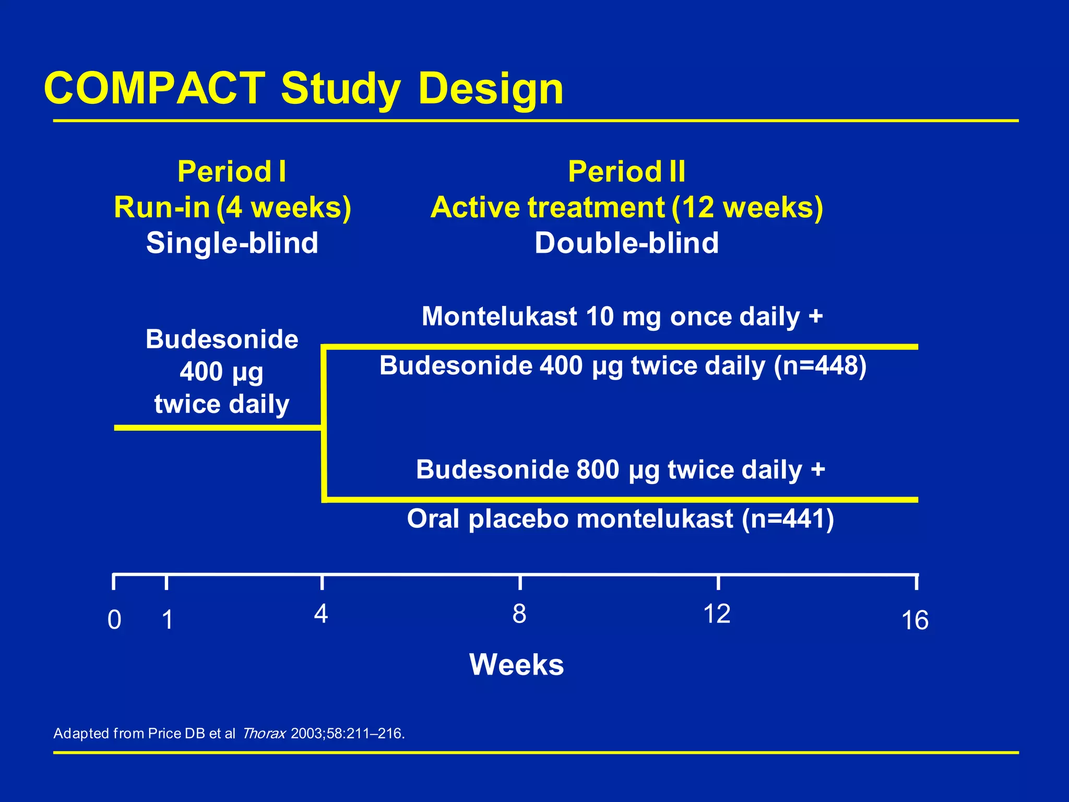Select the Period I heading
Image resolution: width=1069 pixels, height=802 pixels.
tap(232, 172)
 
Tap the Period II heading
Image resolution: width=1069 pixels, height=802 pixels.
tap(626, 172)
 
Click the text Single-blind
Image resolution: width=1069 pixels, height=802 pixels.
tap(232, 243)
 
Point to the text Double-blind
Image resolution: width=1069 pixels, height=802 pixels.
tap(626, 243)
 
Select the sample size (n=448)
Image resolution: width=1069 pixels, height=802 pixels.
tap(820, 365)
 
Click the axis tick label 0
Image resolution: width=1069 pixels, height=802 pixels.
tap(114, 620)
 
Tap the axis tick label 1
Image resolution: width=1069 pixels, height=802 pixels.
tap(167, 620)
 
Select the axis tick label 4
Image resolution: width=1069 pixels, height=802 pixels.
tap(321, 614)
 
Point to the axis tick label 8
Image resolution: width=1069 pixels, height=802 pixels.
tap(519, 614)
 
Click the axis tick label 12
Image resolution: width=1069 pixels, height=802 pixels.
tap(717, 614)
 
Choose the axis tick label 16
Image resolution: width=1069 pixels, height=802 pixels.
tap(914, 621)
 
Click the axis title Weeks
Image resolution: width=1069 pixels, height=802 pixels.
tap(516, 665)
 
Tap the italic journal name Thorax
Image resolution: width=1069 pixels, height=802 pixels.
tap(264, 734)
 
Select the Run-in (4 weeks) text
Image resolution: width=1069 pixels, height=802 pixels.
tap(232, 207)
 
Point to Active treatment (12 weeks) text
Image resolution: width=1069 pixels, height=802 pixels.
tap(626, 207)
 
